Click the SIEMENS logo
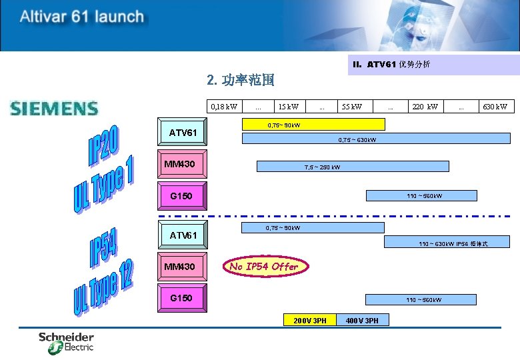tap(54, 108)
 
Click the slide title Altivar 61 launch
tap(81, 17)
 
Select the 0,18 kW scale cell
tap(224, 107)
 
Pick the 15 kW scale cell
tap(289, 107)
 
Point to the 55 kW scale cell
tap(351, 107)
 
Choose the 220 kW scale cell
tap(425, 107)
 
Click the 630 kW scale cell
tap(495, 107)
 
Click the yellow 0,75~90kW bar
tap(313, 125)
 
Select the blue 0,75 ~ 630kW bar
tap(375, 139)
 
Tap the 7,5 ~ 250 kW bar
tap(353, 166)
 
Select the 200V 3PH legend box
tap(310, 321)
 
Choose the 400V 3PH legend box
tap(363, 321)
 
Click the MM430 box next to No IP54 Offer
tap(183, 267)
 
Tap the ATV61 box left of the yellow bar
tap(183, 133)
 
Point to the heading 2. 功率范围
tap(241, 81)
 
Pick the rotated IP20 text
tap(105, 147)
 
